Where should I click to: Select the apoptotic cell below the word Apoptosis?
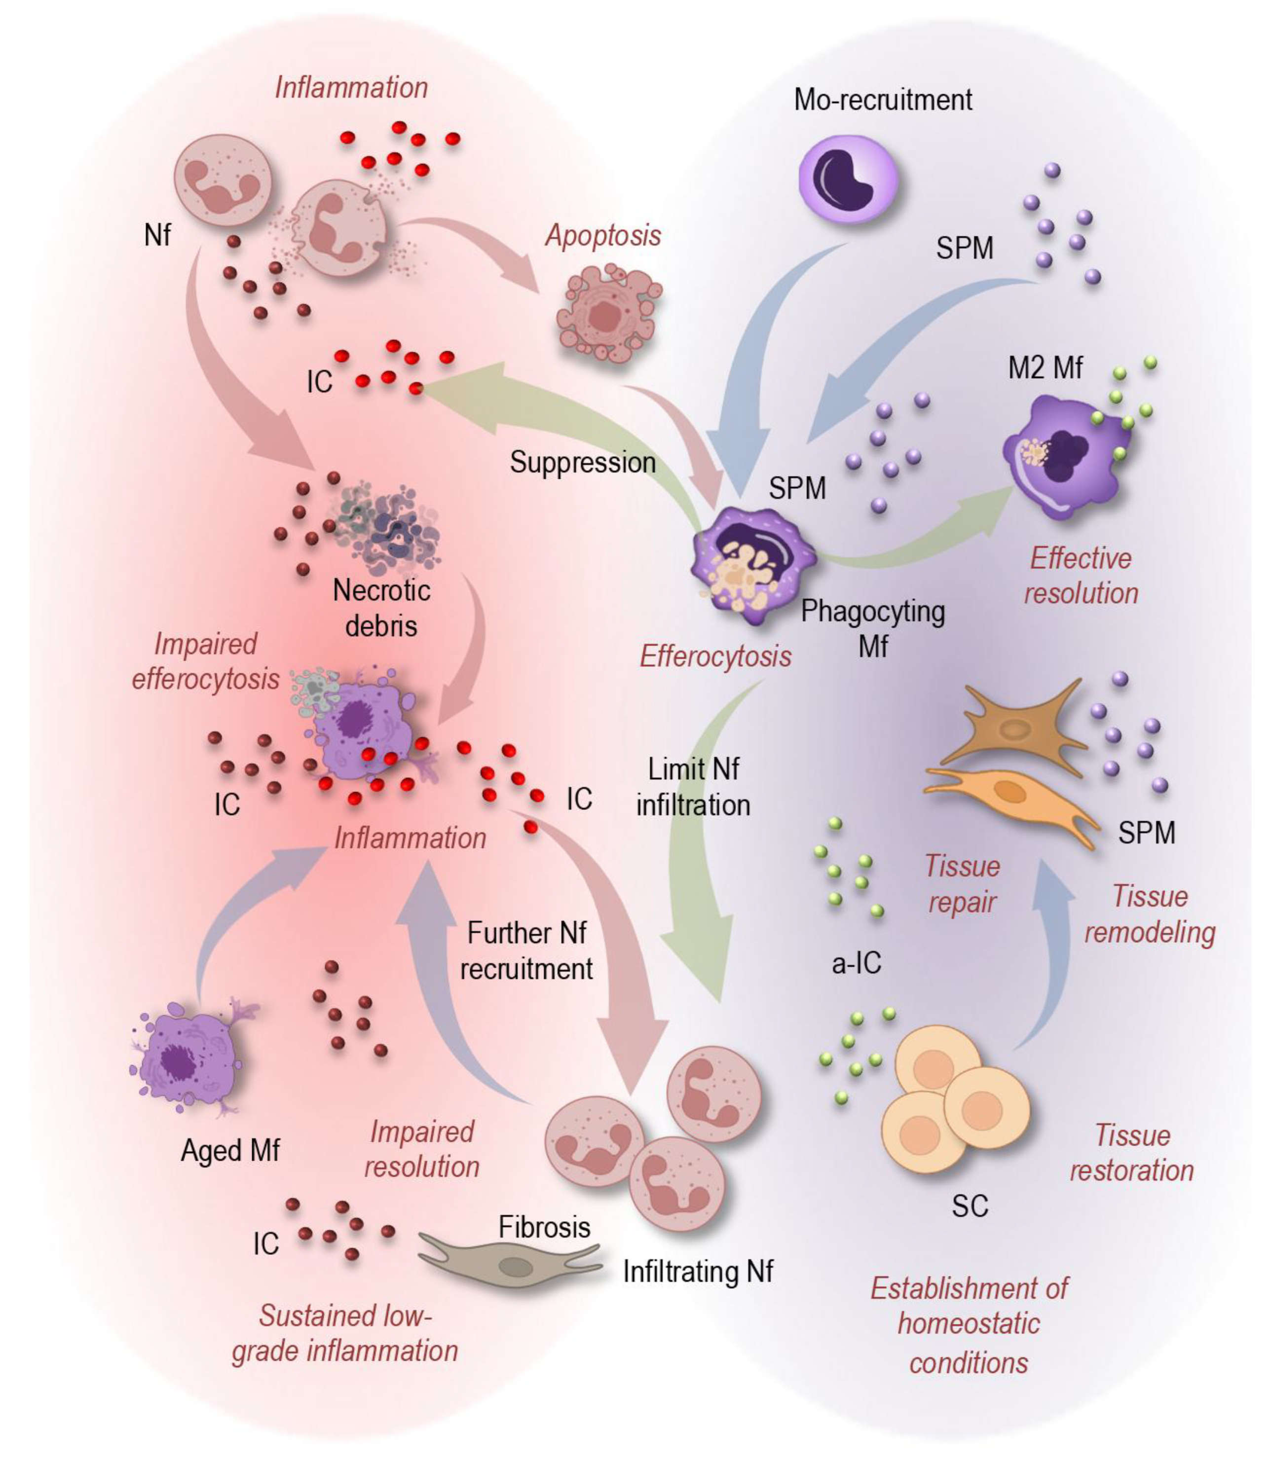click(x=608, y=312)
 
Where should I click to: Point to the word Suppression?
click(x=583, y=462)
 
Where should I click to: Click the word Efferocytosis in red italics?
click(x=715, y=656)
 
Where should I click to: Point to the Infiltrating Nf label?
click(x=698, y=1272)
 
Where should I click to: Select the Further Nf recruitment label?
click(x=526, y=951)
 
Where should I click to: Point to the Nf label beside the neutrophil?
click(x=157, y=235)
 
